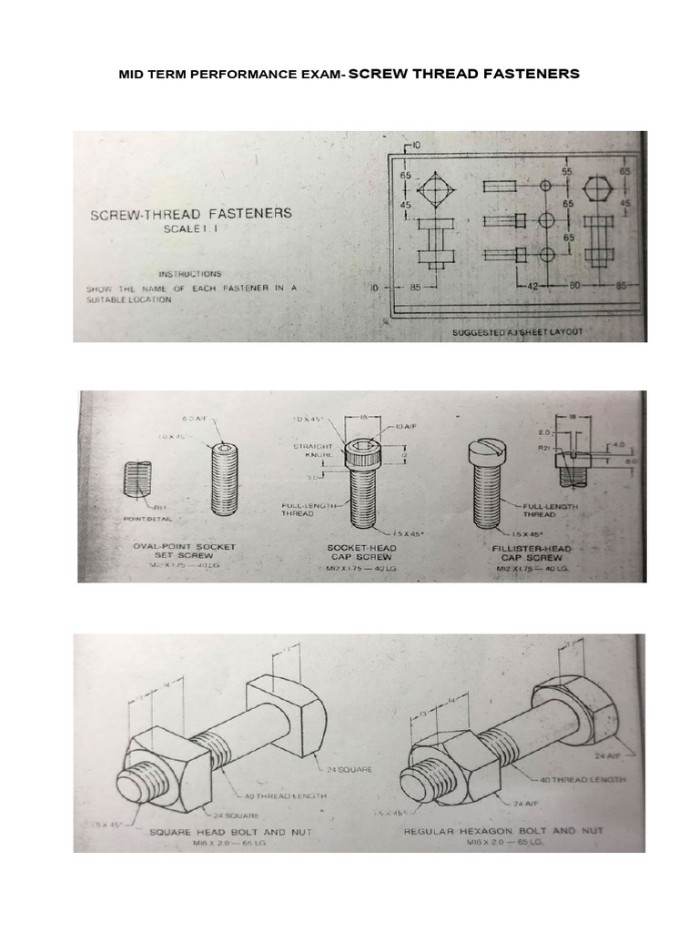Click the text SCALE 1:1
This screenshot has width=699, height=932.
[191, 230]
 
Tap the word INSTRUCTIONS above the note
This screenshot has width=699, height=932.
[189, 273]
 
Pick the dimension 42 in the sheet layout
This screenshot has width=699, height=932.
[534, 286]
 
